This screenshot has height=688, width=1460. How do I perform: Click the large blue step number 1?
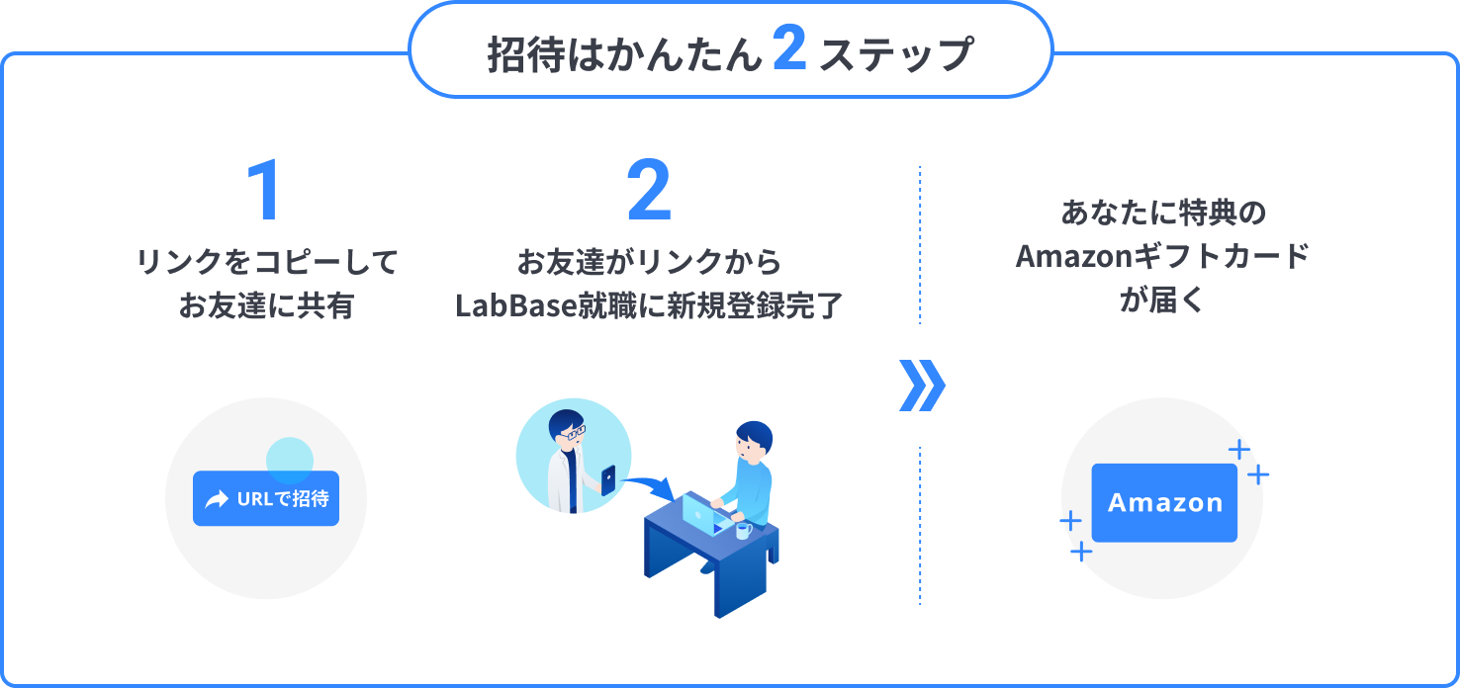click(x=264, y=192)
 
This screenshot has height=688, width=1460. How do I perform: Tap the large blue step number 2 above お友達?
click(x=649, y=192)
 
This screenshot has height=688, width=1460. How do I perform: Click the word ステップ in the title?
click(x=897, y=55)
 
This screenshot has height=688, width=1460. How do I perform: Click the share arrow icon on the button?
click(x=216, y=499)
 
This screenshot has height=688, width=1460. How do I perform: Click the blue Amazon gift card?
click(x=1164, y=502)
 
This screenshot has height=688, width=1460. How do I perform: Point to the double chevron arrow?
click(x=922, y=386)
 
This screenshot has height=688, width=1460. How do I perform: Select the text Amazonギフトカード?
click(x=1162, y=257)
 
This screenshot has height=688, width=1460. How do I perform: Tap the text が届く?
click(x=1162, y=301)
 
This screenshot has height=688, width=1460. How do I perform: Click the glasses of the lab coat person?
click(x=572, y=431)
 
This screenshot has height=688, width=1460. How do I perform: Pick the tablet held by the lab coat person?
click(x=607, y=479)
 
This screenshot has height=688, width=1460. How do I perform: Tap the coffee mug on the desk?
click(x=743, y=531)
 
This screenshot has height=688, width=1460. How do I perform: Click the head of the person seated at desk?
click(x=755, y=440)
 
